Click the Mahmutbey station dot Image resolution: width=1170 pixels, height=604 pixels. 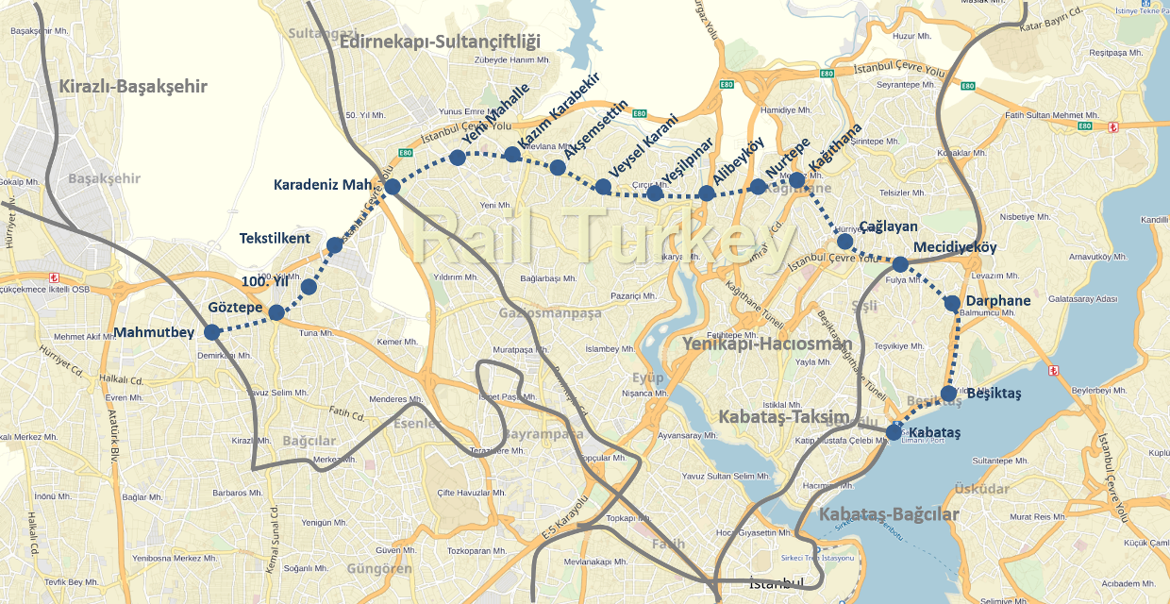click(212, 331)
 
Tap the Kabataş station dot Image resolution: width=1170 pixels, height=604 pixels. click(894, 433)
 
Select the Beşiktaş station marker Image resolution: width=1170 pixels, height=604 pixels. click(949, 394)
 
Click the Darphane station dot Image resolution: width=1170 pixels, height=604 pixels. click(952, 303)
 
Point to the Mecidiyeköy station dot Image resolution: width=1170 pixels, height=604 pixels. click(900, 264)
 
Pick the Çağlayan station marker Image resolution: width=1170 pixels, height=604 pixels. click(844, 242)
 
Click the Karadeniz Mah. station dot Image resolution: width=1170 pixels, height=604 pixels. click(393, 187)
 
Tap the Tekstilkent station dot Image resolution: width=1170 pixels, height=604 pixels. click(334, 245)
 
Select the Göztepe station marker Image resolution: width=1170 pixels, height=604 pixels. click(276, 312)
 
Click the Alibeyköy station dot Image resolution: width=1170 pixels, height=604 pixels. click(706, 193)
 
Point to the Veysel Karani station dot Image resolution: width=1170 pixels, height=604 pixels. click(603, 186)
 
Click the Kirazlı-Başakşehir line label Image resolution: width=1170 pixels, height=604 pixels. click(133, 87)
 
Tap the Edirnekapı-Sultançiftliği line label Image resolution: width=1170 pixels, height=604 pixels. click(440, 42)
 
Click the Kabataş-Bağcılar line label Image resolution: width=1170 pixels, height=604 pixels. click(889, 514)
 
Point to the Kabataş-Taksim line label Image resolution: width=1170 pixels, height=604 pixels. click(784, 416)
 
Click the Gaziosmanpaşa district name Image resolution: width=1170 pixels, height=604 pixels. click(550, 313)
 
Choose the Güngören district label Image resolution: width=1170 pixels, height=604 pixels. click(379, 569)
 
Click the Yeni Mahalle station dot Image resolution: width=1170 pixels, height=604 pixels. click(458, 157)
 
